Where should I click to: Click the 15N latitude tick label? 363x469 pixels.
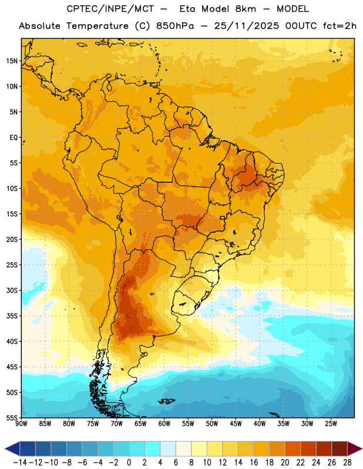pyautogui.click(x=12, y=61)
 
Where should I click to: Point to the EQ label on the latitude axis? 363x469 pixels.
pyautogui.click(x=14, y=138)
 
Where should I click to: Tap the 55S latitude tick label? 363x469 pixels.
pyautogui.click(x=12, y=417)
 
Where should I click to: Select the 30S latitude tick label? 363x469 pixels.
pyautogui.click(x=12, y=290)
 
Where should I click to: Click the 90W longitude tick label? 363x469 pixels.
pyautogui.click(x=21, y=424)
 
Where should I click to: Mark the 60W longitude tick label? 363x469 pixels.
pyautogui.click(x=164, y=424)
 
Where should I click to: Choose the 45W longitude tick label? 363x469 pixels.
pyautogui.click(x=236, y=424)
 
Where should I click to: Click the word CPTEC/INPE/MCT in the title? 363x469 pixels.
pyautogui.click(x=110, y=9)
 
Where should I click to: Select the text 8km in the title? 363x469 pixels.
pyautogui.click(x=246, y=9)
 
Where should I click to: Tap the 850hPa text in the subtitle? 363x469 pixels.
pyautogui.click(x=175, y=26)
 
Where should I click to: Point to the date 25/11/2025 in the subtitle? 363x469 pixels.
pyautogui.click(x=246, y=26)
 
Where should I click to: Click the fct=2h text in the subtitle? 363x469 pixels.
pyautogui.click(x=340, y=26)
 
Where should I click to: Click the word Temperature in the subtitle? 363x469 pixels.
pyautogui.click(x=97, y=26)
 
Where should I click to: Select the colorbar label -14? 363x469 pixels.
pyautogui.click(x=20, y=463)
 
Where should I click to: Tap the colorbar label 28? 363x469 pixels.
pyautogui.click(x=347, y=463)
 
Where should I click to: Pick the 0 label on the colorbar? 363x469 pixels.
pyautogui.click(x=129, y=463)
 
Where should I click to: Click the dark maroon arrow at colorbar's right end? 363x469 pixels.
pyautogui.click(x=355, y=448)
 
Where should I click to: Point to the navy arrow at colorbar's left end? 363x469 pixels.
pyautogui.click(x=12, y=448)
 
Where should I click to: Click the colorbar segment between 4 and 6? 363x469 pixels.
pyautogui.click(x=168, y=448)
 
